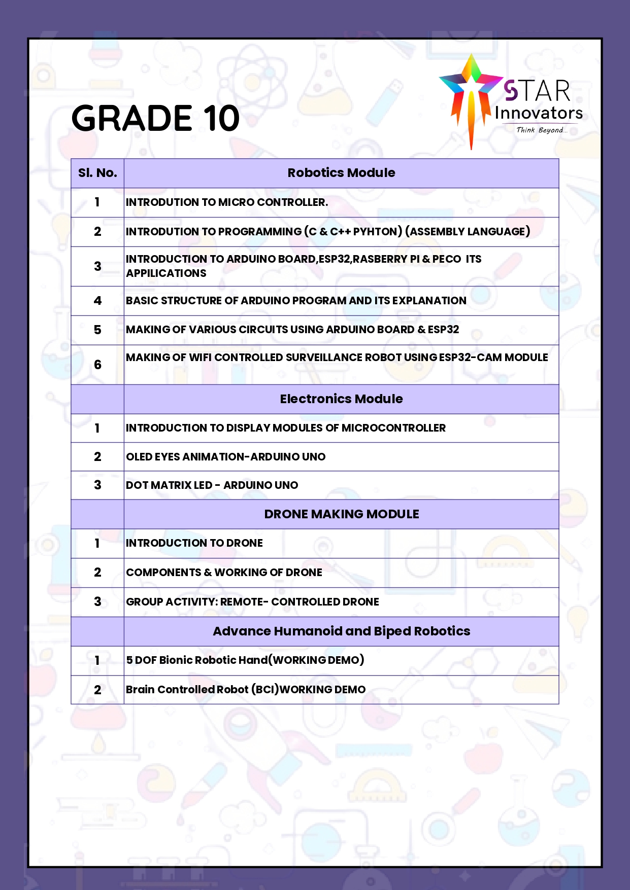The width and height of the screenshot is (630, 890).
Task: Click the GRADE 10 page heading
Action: (155, 118)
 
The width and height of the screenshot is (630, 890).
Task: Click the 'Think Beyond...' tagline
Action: (541, 130)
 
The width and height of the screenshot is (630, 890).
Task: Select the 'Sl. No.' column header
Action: (97, 173)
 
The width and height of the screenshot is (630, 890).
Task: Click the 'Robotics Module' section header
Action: (341, 173)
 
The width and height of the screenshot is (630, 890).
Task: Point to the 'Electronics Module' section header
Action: (341, 399)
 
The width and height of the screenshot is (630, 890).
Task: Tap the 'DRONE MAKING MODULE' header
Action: (341, 514)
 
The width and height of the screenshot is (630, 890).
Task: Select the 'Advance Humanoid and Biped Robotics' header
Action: (341, 631)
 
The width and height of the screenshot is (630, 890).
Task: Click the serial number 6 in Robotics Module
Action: (97, 365)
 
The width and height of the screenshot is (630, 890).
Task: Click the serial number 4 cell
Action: (97, 301)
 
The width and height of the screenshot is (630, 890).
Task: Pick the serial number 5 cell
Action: (97, 330)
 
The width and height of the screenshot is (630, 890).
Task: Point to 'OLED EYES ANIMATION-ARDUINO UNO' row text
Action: (225, 457)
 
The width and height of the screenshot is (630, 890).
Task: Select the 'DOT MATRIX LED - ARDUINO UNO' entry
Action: (212, 485)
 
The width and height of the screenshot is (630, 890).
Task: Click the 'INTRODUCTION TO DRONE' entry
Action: (194, 543)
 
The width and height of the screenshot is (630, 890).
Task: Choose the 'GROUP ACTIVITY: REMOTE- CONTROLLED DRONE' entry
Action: (252, 602)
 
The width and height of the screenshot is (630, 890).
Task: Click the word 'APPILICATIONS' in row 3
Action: (166, 273)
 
